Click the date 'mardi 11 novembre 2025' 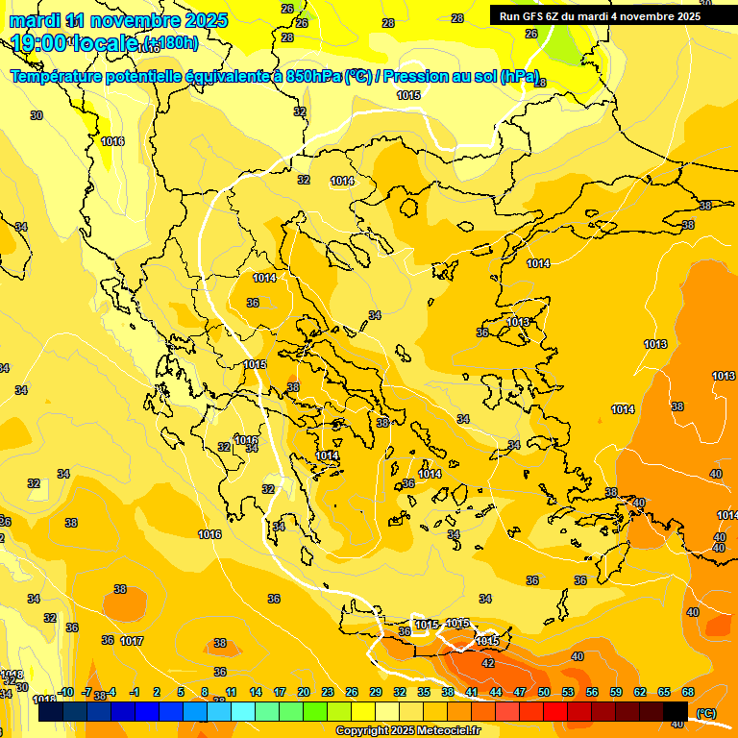click(118, 20)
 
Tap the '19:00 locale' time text click(72, 42)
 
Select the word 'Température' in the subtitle click(64, 76)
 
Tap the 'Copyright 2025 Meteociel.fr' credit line click(406, 731)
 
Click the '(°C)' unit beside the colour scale click(705, 713)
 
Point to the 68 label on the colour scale click(688, 692)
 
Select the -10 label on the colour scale click(66, 692)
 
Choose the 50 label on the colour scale click(544, 692)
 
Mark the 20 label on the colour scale click(304, 692)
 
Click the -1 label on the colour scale click(135, 692)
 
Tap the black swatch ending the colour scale click(676, 712)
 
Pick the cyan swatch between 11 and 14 click(243, 712)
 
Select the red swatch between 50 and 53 click(555, 712)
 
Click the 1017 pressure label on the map click(132, 641)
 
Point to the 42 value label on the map click(488, 663)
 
